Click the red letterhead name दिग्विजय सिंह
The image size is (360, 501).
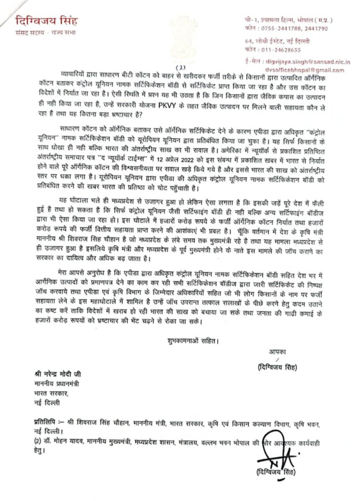pyautogui.click(x=46, y=21)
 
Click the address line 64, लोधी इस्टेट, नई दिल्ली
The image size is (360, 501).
pyautogui.click(x=277, y=41)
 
